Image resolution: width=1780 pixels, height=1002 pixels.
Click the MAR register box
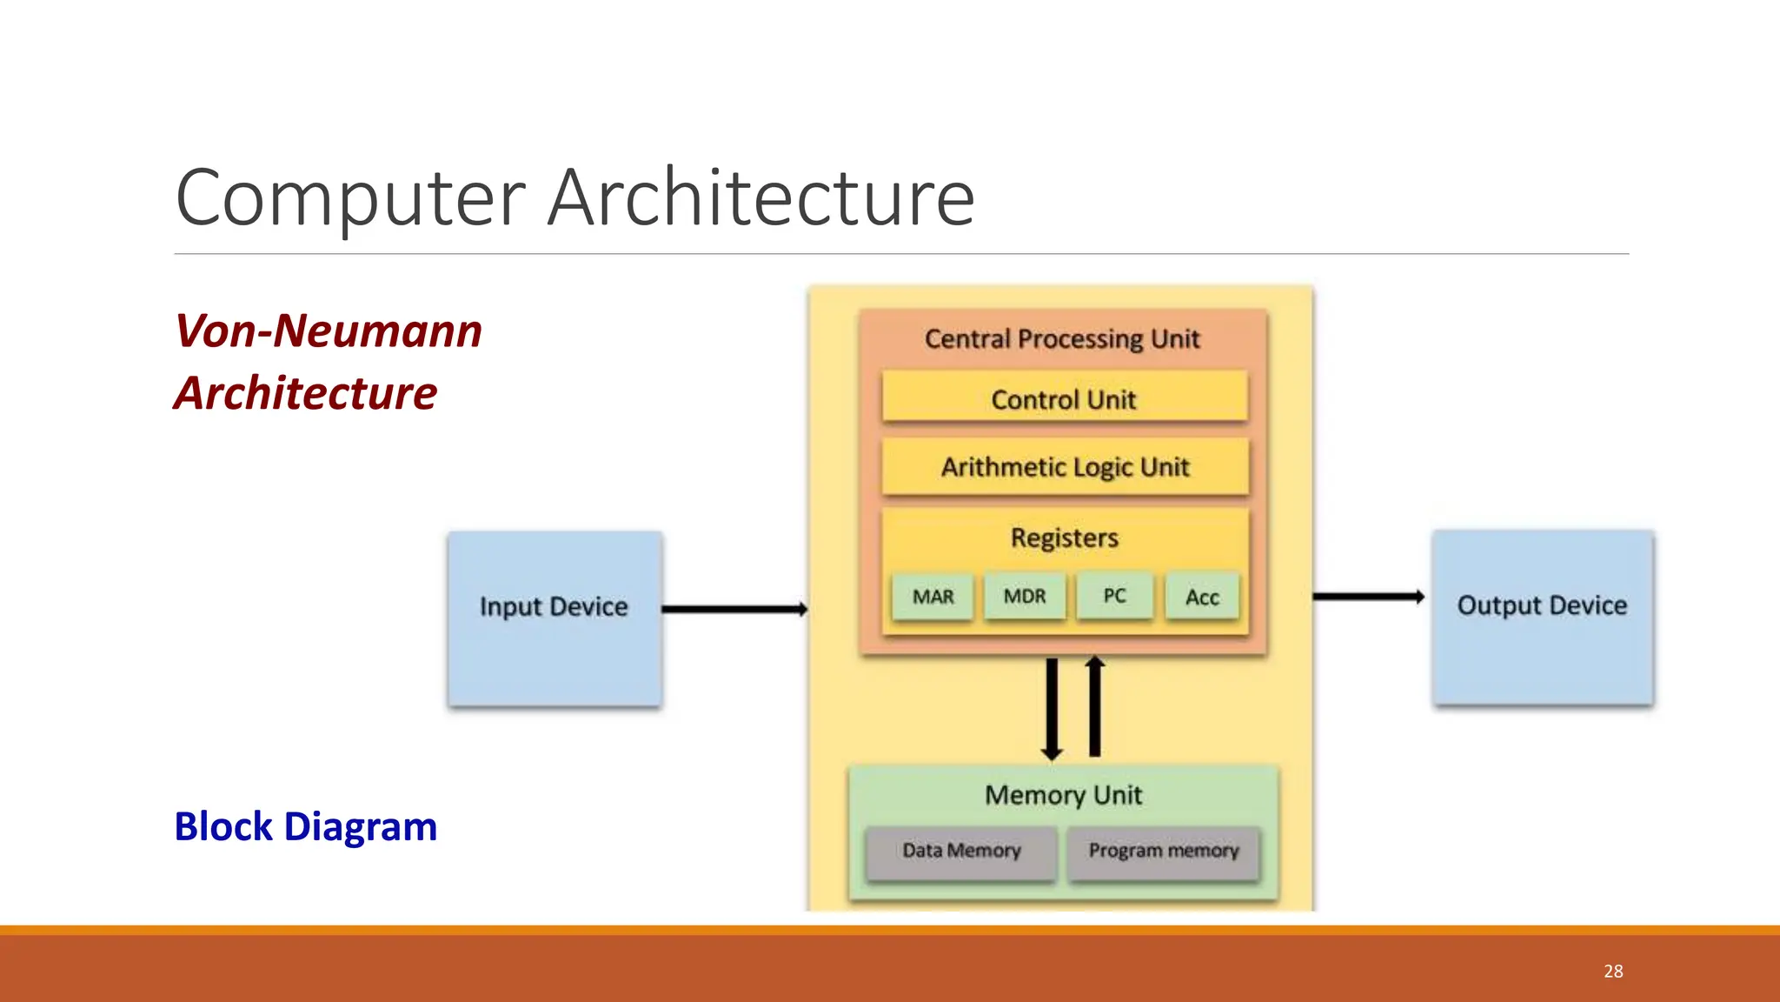(x=933, y=597)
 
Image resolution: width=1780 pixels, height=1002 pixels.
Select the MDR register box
(x=1025, y=597)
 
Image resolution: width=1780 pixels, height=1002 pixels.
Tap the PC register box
(x=1114, y=597)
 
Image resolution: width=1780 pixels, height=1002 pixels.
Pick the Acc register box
(x=1202, y=598)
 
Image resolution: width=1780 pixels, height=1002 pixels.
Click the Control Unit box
(x=1064, y=399)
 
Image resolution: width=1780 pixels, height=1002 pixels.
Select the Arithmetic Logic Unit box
(x=1065, y=467)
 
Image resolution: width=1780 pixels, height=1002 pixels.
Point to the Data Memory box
(x=961, y=851)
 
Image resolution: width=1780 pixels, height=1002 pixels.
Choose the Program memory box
(x=1163, y=851)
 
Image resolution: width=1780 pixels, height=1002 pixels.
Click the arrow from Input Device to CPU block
(x=734, y=609)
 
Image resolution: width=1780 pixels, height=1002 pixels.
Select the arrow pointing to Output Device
(x=1368, y=597)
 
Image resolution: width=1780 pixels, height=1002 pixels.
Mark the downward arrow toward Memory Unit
(x=1052, y=709)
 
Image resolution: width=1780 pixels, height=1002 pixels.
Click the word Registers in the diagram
(x=1064, y=538)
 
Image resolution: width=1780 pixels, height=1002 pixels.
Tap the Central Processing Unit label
(x=1062, y=338)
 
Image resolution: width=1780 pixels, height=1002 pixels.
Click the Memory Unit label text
(x=1063, y=795)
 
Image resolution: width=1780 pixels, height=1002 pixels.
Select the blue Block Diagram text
(x=306, y=826)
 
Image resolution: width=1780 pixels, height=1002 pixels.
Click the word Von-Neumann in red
(x=329, y=331)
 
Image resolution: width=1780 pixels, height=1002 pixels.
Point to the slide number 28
(x=1613, y=972)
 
